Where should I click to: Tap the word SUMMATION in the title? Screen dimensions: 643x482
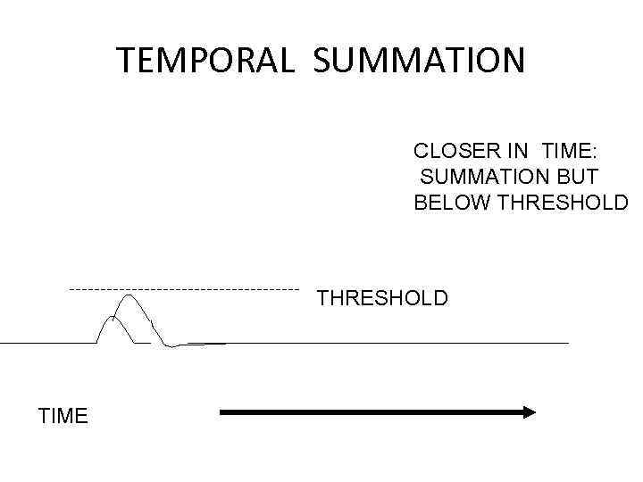coord(420,61)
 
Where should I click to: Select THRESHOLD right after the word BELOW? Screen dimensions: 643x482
coord(563,203)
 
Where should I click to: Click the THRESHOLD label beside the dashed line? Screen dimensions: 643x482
coord(382,298)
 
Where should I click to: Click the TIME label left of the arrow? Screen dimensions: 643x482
coord(63,416)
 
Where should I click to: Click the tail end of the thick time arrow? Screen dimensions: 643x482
coord(222,411)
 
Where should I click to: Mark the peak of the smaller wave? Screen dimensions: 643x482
coord(113,318)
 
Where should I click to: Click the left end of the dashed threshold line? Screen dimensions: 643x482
coord(71,289)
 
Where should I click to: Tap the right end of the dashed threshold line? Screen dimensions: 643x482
coord(298,289)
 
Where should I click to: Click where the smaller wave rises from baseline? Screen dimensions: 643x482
coord(97,341)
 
